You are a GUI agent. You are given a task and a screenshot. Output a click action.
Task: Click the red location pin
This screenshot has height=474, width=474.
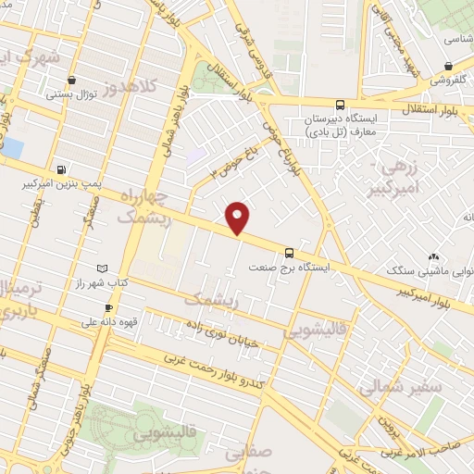239,217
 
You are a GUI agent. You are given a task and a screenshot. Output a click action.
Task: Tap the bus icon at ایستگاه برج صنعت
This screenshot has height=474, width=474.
290,252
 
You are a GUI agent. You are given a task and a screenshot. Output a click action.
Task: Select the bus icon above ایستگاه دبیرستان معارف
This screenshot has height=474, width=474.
341,105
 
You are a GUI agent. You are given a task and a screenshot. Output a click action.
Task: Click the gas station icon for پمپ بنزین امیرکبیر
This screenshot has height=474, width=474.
62,169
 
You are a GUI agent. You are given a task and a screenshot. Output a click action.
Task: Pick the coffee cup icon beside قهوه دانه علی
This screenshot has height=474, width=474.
109,307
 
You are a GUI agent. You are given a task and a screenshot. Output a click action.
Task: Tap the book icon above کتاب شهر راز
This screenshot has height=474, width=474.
102,268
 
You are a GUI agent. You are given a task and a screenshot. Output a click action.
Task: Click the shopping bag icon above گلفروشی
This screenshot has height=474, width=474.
448,66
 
